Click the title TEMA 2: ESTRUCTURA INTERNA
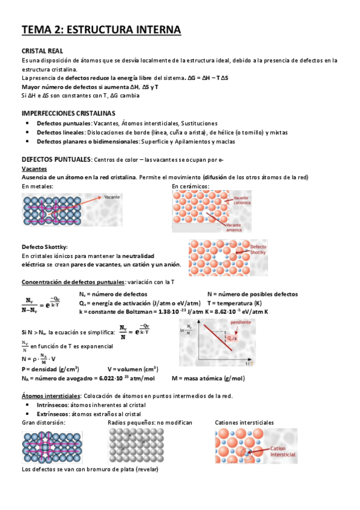(101, 29)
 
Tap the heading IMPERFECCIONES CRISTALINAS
(68, 113)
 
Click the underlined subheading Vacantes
(35, 169)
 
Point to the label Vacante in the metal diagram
(112, 197)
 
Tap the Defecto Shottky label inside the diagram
(258, 249)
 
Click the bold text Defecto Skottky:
(44, 247)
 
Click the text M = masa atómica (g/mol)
(208, 378)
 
